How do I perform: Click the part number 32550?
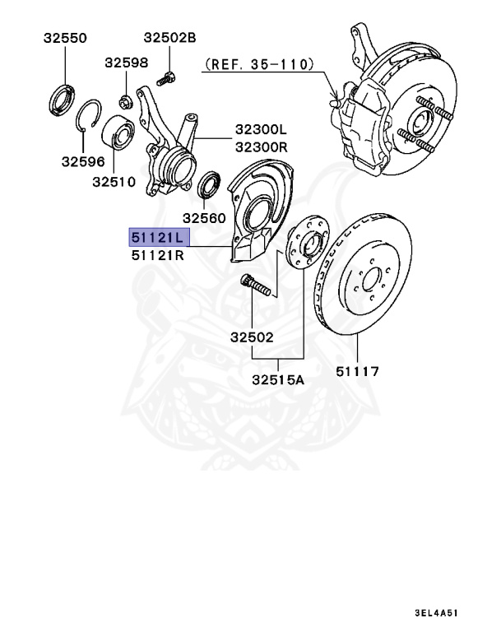(65, 39)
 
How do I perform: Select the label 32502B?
(169, 38)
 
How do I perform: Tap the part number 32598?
(126, 63)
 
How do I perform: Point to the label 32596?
(82, 162)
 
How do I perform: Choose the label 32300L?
(261, 129)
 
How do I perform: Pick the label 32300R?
(261, 146)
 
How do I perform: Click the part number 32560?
(204, 218)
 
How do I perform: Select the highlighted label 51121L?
(158, 238)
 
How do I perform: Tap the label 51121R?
(158, 256)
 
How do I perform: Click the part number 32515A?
(278, 381)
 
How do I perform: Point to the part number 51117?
(357, 371)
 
